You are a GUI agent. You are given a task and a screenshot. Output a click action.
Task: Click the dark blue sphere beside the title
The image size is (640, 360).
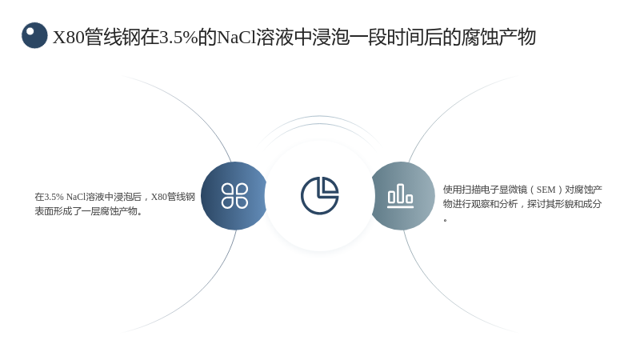pos(34,35)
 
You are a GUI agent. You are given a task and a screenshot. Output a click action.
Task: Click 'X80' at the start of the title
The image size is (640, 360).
pos(68,38)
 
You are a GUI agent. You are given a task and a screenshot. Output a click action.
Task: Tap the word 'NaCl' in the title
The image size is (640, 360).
pos(236,38)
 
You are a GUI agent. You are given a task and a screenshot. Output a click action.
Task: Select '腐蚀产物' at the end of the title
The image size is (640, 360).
pos(498,37)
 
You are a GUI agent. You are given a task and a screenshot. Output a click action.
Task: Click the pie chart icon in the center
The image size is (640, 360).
pos(319,195)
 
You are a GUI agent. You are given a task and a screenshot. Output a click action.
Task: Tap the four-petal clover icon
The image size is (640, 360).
pos(234,195)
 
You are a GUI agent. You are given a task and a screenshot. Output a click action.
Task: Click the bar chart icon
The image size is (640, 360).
pos(401,196)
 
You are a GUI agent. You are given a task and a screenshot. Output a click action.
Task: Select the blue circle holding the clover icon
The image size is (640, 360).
pos(234,196)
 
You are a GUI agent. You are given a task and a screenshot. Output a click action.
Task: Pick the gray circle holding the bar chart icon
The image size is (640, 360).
pos(403,196)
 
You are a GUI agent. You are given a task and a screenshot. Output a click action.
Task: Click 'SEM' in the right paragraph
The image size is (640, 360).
pos(546,190)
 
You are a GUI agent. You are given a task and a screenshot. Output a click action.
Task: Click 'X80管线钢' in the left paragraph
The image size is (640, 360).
pos(173,197)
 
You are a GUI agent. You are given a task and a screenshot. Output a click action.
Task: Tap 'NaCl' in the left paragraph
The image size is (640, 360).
pos(76,197)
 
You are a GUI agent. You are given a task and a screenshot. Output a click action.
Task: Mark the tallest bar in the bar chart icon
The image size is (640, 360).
pos(401,193)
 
